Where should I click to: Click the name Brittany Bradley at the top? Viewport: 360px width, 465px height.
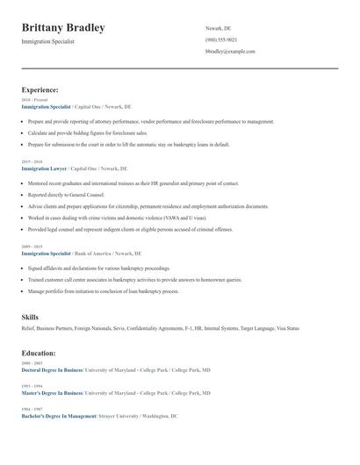coord(63,28)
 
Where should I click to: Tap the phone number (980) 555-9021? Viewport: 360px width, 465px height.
coord(221,39)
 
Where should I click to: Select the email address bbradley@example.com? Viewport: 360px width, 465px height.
coord(230,52)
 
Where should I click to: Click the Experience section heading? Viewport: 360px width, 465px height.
coord(40,89)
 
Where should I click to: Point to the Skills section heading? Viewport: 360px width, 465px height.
coord(30,316)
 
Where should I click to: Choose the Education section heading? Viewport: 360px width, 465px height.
coord(39,353)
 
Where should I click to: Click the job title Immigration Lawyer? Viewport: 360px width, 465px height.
coord(44,168)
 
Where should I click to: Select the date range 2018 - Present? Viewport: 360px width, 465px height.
coord(34,100)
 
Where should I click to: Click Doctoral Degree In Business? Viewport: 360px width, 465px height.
coord(52,370)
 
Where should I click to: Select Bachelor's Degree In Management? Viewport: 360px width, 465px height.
coord(58,416)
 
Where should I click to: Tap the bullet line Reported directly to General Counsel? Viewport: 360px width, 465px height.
coord(66,195)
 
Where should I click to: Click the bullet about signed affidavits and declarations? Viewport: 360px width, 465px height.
coord(98,268)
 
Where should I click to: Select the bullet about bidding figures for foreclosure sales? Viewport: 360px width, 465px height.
coord(89,132)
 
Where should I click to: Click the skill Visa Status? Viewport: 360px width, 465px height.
coord(287,328)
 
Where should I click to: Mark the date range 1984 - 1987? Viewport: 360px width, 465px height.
coord(32,409)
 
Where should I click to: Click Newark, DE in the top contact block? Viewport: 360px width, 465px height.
coord(218,28)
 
